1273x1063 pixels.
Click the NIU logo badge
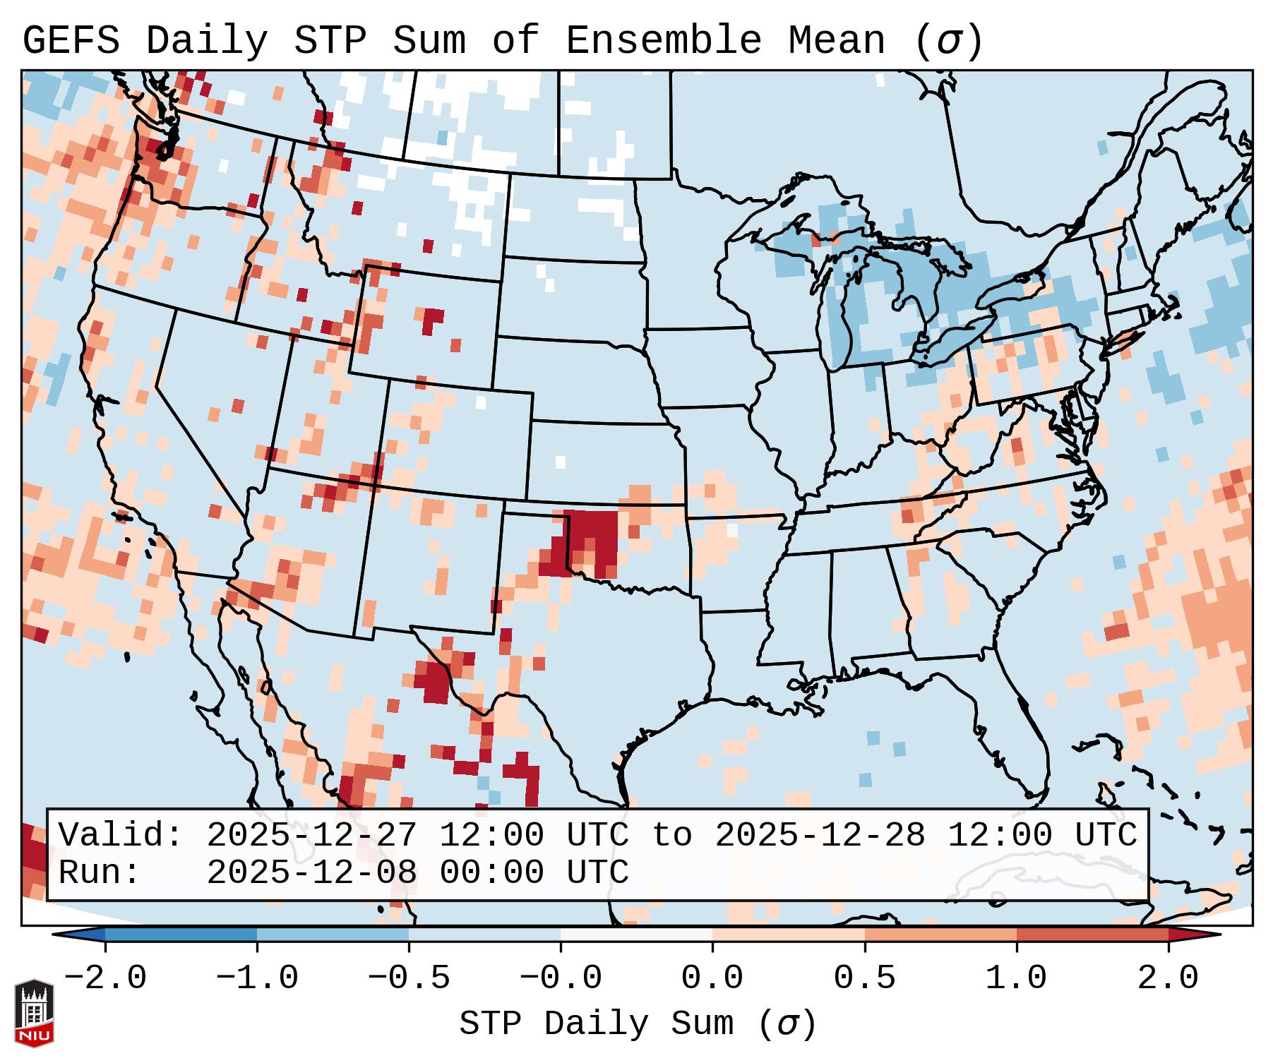(x=34, y=1012)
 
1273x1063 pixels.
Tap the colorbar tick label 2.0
(x=1168, y=978)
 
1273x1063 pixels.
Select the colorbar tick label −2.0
(x=105, y=978)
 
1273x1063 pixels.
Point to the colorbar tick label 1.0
(x=1016, y=978)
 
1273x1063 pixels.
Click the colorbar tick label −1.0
(x=257, y=978)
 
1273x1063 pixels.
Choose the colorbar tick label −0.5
(x=409, y=978)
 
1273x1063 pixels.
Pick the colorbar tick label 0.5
(x=864, y=978)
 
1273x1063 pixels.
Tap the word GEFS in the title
(x=71, y=40)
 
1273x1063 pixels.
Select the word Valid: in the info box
(x=121, y=835)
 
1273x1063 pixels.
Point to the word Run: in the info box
(x=100, y=872)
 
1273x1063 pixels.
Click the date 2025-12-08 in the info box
(x=311, y=872)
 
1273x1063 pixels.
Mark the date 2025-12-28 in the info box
(x=820, y=835)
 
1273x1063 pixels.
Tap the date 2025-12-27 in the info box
(x=311, y=835)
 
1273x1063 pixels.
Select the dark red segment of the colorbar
(x=1092, y=935)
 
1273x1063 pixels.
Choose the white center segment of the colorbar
(x=636, y=935)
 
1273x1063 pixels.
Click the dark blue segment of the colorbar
(x=181, y=935)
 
